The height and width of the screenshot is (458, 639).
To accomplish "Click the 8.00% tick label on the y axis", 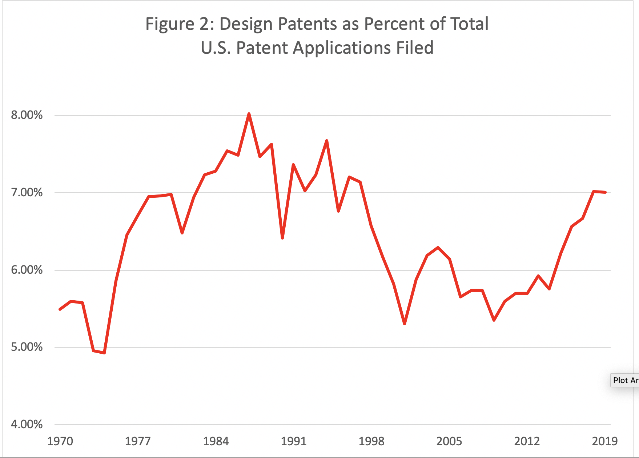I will point(27,115).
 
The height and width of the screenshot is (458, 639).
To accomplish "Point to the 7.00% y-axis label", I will point(27,192).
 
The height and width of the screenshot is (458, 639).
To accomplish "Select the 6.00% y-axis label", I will point(27,270).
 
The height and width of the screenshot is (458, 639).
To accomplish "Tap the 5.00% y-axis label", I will point(27,347).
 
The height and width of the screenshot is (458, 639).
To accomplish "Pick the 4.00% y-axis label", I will point(27,424).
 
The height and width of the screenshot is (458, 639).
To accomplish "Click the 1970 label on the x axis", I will point(60,441).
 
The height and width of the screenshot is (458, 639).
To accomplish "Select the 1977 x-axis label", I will point(138,441).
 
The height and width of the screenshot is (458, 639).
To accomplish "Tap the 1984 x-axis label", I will point(216,441).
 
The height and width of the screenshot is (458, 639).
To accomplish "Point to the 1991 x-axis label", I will point(293,441).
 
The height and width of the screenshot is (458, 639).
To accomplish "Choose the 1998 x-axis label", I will point(371,441).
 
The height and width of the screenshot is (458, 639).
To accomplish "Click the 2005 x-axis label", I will point(449,441).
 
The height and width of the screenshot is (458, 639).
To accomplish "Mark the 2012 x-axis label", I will point(527,441).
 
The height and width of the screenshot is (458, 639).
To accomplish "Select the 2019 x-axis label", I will point(604,441).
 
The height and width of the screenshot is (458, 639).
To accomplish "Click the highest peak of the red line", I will point(249,114).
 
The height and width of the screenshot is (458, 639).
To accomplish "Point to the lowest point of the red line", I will point(104,353).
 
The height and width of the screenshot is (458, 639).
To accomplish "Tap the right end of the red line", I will point(605,192).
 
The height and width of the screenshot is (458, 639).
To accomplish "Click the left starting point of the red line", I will point(60,309).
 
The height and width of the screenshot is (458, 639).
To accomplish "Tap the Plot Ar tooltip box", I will point(625,380).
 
